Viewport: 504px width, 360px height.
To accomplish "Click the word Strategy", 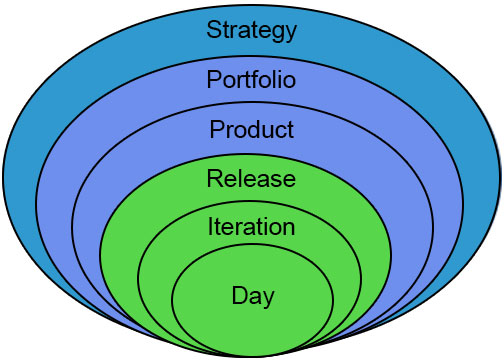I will [252, 29].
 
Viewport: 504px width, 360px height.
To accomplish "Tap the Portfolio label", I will [251, 79].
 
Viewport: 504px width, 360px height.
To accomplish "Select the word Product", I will [251, 130].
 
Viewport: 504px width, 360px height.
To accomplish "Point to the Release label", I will [251, 179].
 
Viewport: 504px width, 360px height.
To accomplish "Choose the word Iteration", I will [251, 227].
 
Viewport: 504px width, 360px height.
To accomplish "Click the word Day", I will [252, 296].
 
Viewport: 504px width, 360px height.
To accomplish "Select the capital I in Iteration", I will [211, 227].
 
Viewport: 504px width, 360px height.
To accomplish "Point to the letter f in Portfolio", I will [264, 79].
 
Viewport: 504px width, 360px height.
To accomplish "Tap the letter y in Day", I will [267, 298].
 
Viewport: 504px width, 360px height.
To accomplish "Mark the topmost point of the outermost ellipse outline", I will [252, 3].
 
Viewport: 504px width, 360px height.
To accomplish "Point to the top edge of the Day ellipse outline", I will [252, 251].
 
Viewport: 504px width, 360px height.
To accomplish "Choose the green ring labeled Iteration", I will [155, 270].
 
